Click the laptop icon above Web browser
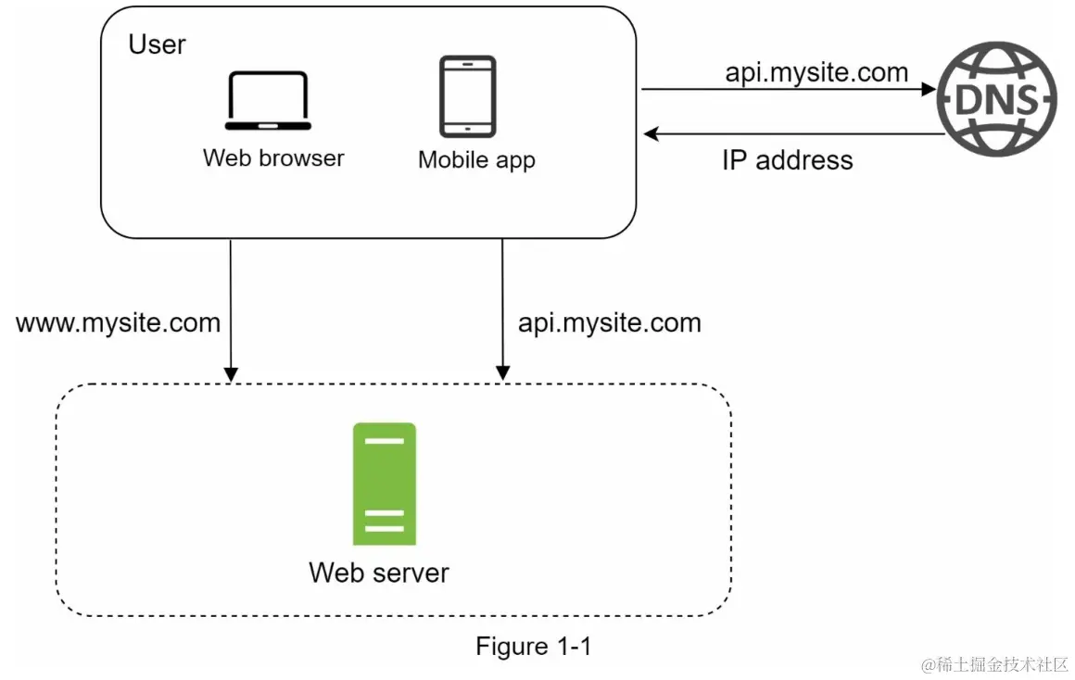tap(268, 101)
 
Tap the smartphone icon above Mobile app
tap(467, 96)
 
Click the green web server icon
tap(384, 484)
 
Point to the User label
tap(157, 44)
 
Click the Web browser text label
tap(273, 157)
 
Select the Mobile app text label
tap(476, 159)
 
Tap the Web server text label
tap(378, 572)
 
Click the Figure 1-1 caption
tap(533, 646)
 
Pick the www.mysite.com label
tap(118, 322)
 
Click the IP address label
tap(787, 160)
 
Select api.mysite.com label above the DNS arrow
tap(816, 72)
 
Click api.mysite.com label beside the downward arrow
tap(609, 322)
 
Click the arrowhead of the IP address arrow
tap(651, 134)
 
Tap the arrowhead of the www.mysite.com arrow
tap(231, 373)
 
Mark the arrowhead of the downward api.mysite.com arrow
tap(502, 373)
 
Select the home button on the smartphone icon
tap(467, 129)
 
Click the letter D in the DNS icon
tap(969, 100)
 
